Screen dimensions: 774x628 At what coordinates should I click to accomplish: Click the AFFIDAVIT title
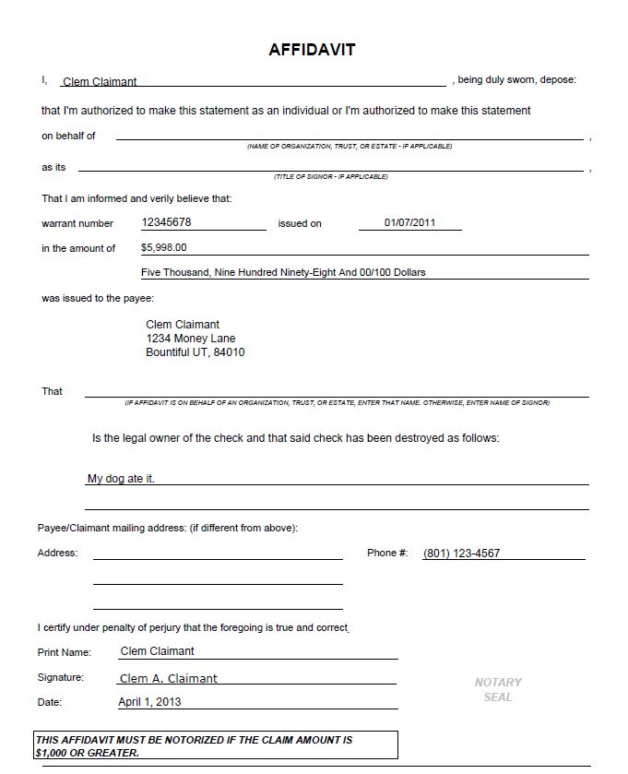312,50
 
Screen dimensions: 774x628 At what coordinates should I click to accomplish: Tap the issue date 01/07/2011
409,222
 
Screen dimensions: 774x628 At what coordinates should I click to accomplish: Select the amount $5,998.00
164,247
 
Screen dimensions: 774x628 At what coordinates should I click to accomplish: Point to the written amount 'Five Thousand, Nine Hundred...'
283,272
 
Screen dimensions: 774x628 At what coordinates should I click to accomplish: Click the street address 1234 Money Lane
191,339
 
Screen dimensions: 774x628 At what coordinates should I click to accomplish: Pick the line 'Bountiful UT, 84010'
196,352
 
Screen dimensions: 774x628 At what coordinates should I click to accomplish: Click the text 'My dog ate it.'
121,479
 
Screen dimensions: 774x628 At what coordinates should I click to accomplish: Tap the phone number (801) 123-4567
461,554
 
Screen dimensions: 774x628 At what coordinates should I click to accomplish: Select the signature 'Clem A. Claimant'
169,678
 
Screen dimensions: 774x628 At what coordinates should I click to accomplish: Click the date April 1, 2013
149,701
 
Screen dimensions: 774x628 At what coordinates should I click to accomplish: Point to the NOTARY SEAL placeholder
498,689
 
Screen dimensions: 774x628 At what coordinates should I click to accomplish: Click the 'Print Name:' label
65,652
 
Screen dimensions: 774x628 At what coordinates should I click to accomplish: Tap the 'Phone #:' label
387,553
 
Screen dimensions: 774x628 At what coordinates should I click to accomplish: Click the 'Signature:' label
61,677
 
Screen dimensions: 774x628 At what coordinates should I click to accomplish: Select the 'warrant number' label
77,223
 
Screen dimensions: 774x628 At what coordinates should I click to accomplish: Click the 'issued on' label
300,223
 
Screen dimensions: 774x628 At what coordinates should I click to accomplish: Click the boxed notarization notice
216,745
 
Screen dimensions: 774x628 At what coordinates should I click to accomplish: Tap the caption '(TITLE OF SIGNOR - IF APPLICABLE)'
331,176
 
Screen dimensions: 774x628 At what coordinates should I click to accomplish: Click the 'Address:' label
57,553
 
